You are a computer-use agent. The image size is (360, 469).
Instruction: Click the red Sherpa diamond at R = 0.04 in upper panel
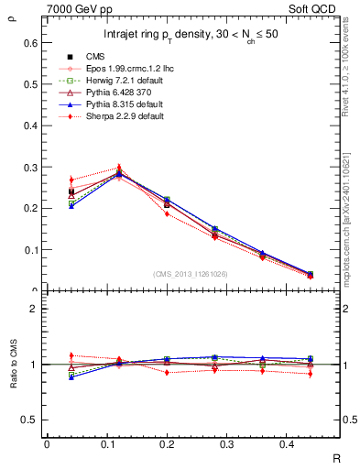(71, 180)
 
